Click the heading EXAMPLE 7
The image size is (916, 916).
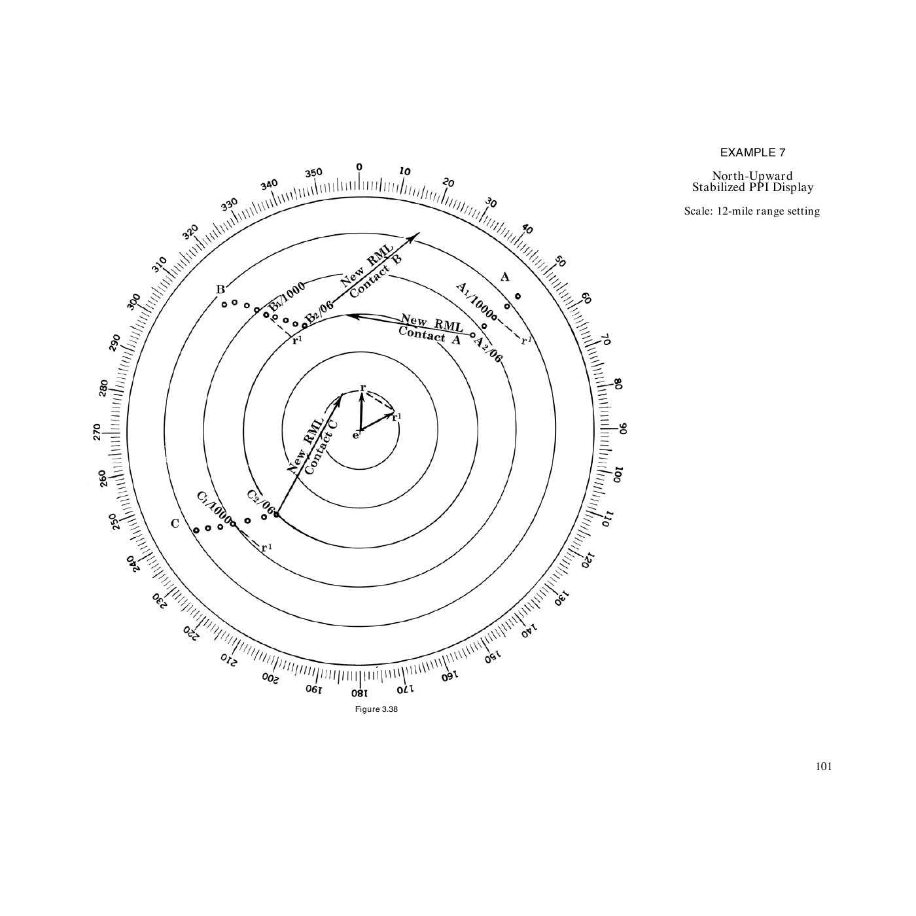pos(752,152)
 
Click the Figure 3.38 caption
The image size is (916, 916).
pos(376,710)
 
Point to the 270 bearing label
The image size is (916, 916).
pos(97,432)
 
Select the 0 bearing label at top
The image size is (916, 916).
pos(359,167)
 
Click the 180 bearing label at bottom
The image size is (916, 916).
pos(359,692)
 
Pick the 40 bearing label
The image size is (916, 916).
pos(527,228)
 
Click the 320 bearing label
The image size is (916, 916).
pos(190,233)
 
